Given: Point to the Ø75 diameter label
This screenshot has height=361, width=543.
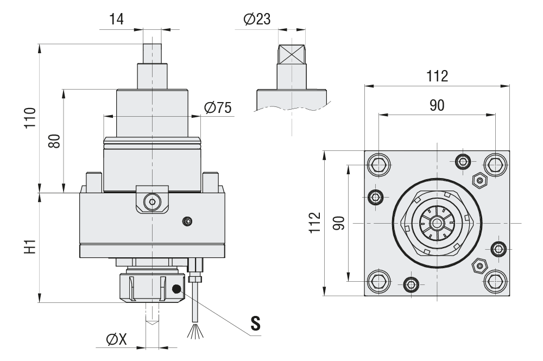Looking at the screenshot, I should (218, 108).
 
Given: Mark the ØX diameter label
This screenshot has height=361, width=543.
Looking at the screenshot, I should (116, 339).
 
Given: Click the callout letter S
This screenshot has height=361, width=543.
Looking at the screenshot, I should (255, 323).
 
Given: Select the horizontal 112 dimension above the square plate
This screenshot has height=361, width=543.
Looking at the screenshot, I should (437, 76).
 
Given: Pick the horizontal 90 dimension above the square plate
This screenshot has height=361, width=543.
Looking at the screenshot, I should (437, 105).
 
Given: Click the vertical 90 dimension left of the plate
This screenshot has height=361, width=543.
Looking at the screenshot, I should (339, 223).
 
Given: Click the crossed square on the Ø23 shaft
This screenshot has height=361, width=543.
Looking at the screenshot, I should (292, 55).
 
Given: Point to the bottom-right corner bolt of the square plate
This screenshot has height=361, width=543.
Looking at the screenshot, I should (495, 281).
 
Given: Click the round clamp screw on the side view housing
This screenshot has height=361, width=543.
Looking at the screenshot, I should (151, 202).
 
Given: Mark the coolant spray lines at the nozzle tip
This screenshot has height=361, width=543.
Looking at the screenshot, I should (194, 331).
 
